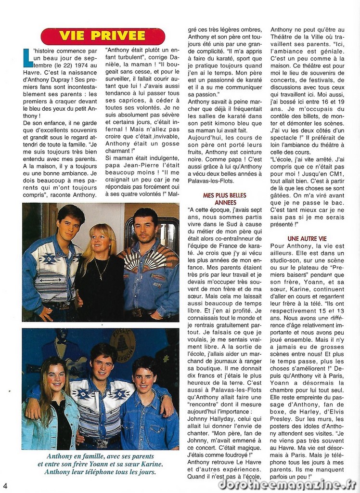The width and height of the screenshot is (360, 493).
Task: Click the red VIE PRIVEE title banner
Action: pos(103,36)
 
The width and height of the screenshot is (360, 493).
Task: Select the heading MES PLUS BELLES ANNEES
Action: pos(224,199)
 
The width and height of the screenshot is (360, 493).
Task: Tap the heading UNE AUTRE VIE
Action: pos(307,238)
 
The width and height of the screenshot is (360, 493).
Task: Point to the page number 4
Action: pos(5,485)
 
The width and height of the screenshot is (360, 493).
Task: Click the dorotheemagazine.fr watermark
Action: pos(287,484)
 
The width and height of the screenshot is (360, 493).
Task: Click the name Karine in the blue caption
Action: pos(151,464)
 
